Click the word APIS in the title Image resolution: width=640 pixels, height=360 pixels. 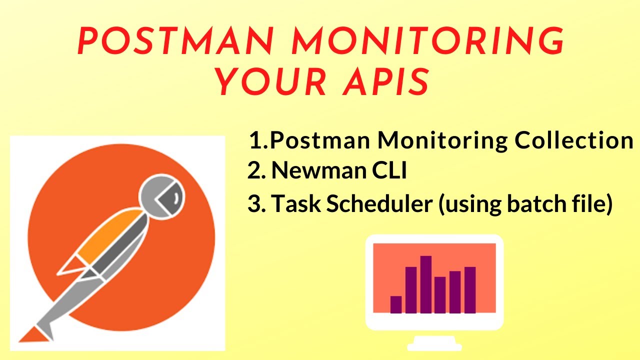(x=384, y=82)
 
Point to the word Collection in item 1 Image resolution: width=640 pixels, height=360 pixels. (x=574, y=141)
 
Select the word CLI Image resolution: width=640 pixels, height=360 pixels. (x=390, y=171)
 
